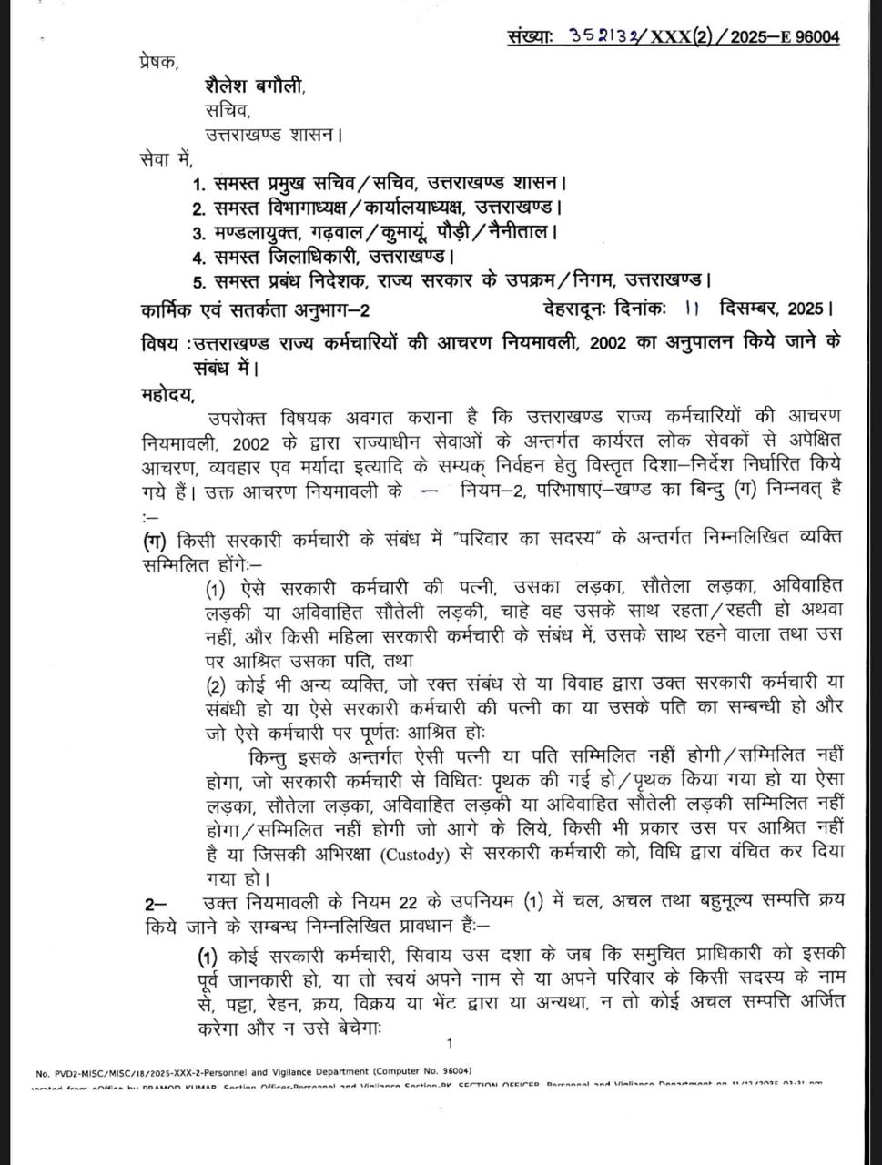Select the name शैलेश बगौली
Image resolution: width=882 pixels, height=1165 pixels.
coord(254,86)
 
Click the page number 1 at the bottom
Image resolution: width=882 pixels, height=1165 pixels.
coord(450,1043)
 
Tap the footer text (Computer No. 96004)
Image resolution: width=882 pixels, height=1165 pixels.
coord(424,1071)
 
